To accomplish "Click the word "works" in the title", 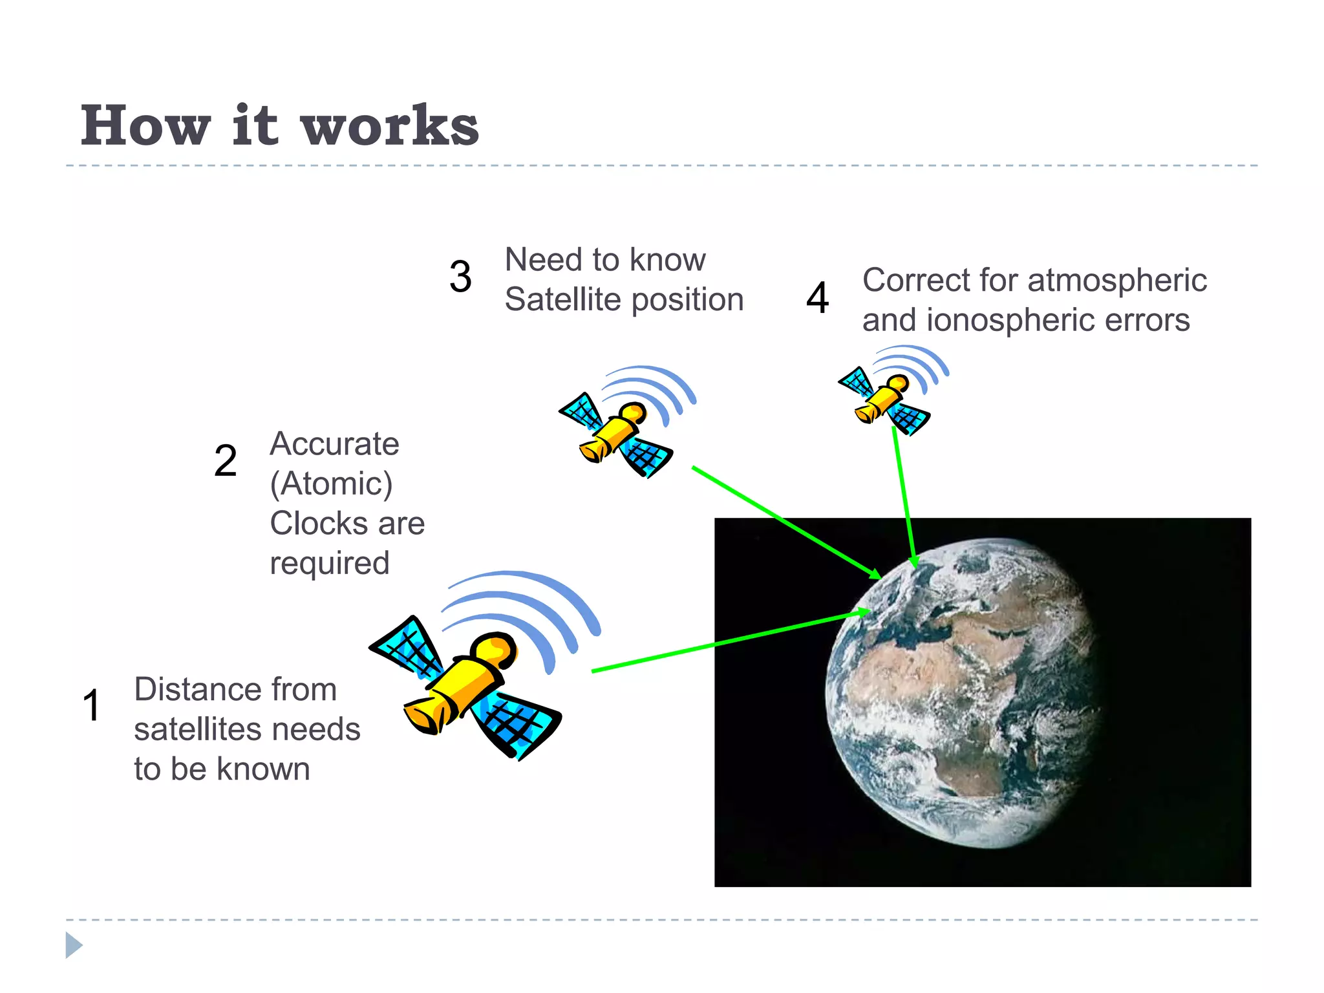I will [390, 126].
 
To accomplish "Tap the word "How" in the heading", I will [146, 126].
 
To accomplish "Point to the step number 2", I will [226, 461].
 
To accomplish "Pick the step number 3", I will [460, 277].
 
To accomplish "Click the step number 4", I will [818, 298].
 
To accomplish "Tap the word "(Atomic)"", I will [331, 484].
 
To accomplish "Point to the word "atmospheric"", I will [1116, 280].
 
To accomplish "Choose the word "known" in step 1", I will [263, 769].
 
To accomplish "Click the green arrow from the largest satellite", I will [731, 640].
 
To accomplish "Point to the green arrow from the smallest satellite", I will [904, 498].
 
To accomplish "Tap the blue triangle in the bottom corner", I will [74, 945].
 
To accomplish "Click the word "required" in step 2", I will [330, 563].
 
